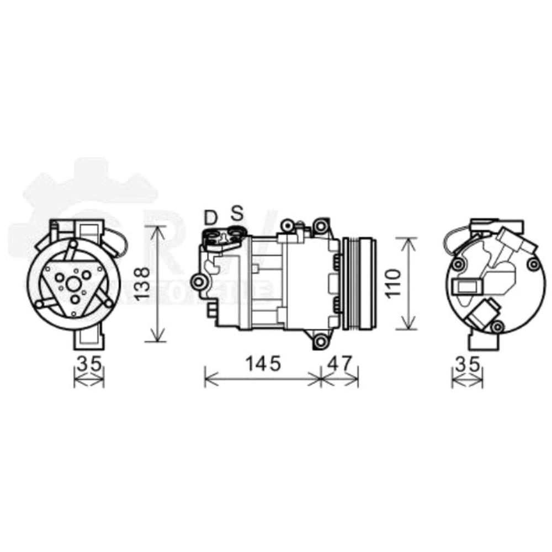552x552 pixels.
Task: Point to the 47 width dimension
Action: click(x=339, y=363)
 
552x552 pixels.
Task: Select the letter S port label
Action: click(x=237, y=214)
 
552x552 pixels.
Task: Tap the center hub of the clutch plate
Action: click(x=74, y=284)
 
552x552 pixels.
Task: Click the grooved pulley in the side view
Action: click(x=359, y=284)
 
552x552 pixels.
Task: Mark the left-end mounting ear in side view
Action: click(x=197, y=283)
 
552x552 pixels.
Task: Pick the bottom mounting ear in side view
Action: click(x=320, y=342)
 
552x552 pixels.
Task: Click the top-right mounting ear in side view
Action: click(x=320, y=226)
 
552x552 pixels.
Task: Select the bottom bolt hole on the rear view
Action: click(x=497, y=327)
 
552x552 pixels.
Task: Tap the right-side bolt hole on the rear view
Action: click(x=533, y=265)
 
